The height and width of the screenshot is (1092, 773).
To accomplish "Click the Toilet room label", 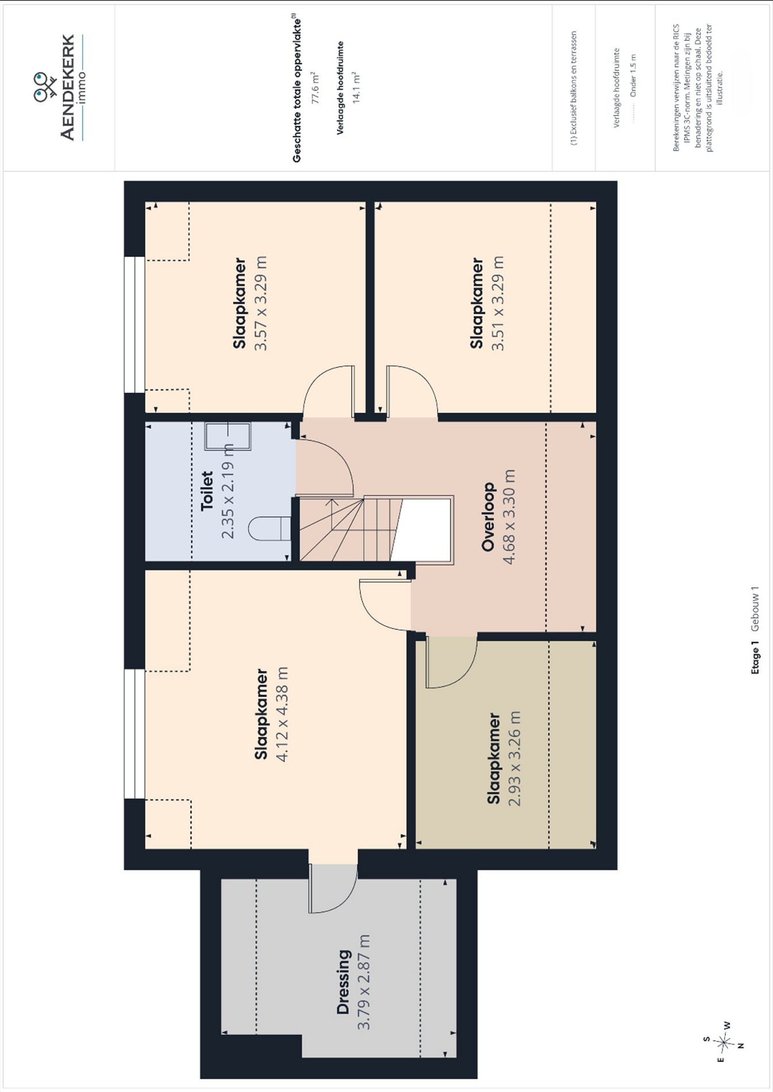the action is (207, 491).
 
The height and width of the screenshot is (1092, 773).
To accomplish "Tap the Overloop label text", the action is (488, 517).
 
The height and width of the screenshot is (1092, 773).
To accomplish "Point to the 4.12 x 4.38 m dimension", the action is (282, 714).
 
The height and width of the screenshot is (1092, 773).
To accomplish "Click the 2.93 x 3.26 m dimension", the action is (514, 759).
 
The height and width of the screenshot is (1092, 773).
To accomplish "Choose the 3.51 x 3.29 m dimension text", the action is (497, 303).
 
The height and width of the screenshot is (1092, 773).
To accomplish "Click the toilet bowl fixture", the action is (271, 528).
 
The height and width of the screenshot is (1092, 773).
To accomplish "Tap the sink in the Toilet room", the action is (228, 436).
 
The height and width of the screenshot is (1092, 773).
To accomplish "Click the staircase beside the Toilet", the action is (376, 529).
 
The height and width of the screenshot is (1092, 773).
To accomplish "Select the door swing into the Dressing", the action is (333, 887).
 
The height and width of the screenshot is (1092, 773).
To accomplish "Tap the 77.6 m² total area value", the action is (315, 88).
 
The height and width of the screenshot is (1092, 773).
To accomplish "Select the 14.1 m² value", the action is (356, 88).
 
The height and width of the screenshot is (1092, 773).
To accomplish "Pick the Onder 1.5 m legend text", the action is (633, 75).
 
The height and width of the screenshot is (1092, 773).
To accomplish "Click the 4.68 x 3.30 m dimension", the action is (509, 517).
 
